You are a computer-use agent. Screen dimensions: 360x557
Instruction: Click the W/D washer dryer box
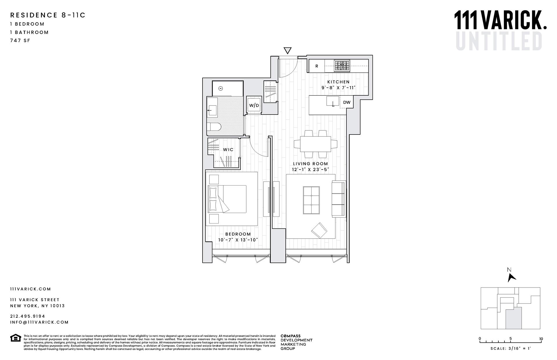click(254, 105)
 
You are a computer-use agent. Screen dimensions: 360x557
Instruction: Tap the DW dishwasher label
click(347, 102)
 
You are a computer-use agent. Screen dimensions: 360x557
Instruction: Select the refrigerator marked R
click(317, 66)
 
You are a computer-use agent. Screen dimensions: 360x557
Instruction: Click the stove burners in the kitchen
click(342, 66)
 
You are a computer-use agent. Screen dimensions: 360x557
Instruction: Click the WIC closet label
click(228, 150)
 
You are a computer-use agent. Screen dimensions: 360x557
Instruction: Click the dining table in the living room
click(315, 144)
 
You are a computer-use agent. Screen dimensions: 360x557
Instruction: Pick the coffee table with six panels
click(311, 200)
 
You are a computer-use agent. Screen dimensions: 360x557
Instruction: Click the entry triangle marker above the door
click(287, 51)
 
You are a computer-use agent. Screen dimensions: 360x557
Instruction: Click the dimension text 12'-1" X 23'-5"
click(310, 170)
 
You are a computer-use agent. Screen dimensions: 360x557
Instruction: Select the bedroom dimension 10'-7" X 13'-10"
click(238, 240)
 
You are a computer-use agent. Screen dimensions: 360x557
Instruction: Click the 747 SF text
click(20, 41)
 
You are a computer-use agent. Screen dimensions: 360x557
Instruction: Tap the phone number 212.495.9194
click(28, 316)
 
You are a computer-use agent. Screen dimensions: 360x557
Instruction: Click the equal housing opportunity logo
click(15, 338)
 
